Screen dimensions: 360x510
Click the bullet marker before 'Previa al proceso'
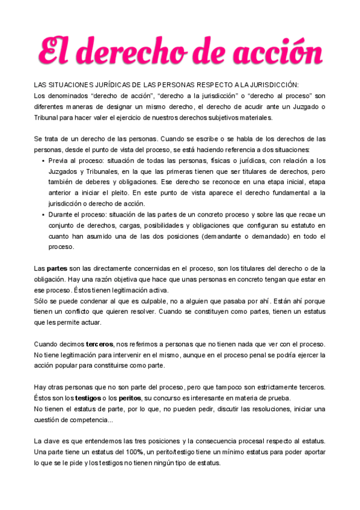(x=43, y=161)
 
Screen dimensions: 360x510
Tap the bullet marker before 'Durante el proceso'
(x=43, y=215)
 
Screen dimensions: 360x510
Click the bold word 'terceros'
(x=100, y=343)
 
